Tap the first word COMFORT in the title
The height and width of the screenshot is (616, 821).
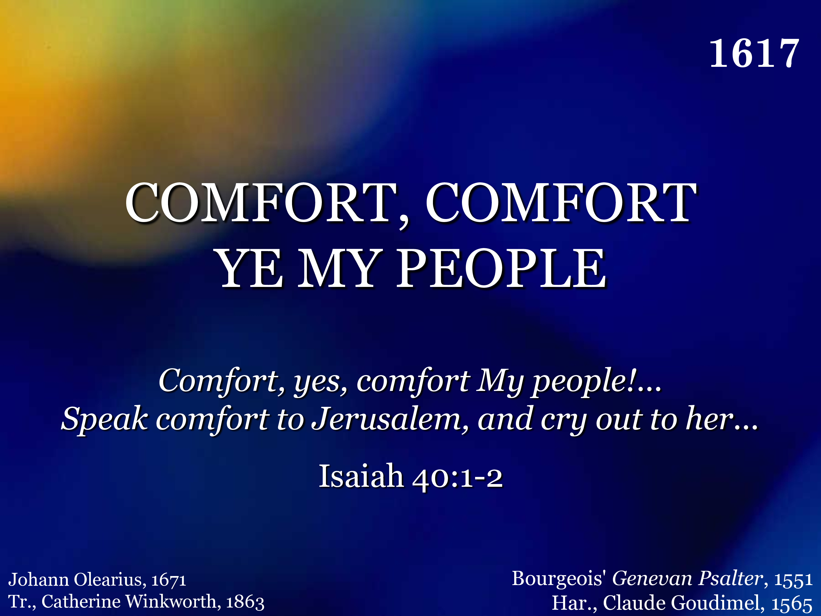pos(262,203)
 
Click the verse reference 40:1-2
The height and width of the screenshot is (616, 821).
pos(457,477)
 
